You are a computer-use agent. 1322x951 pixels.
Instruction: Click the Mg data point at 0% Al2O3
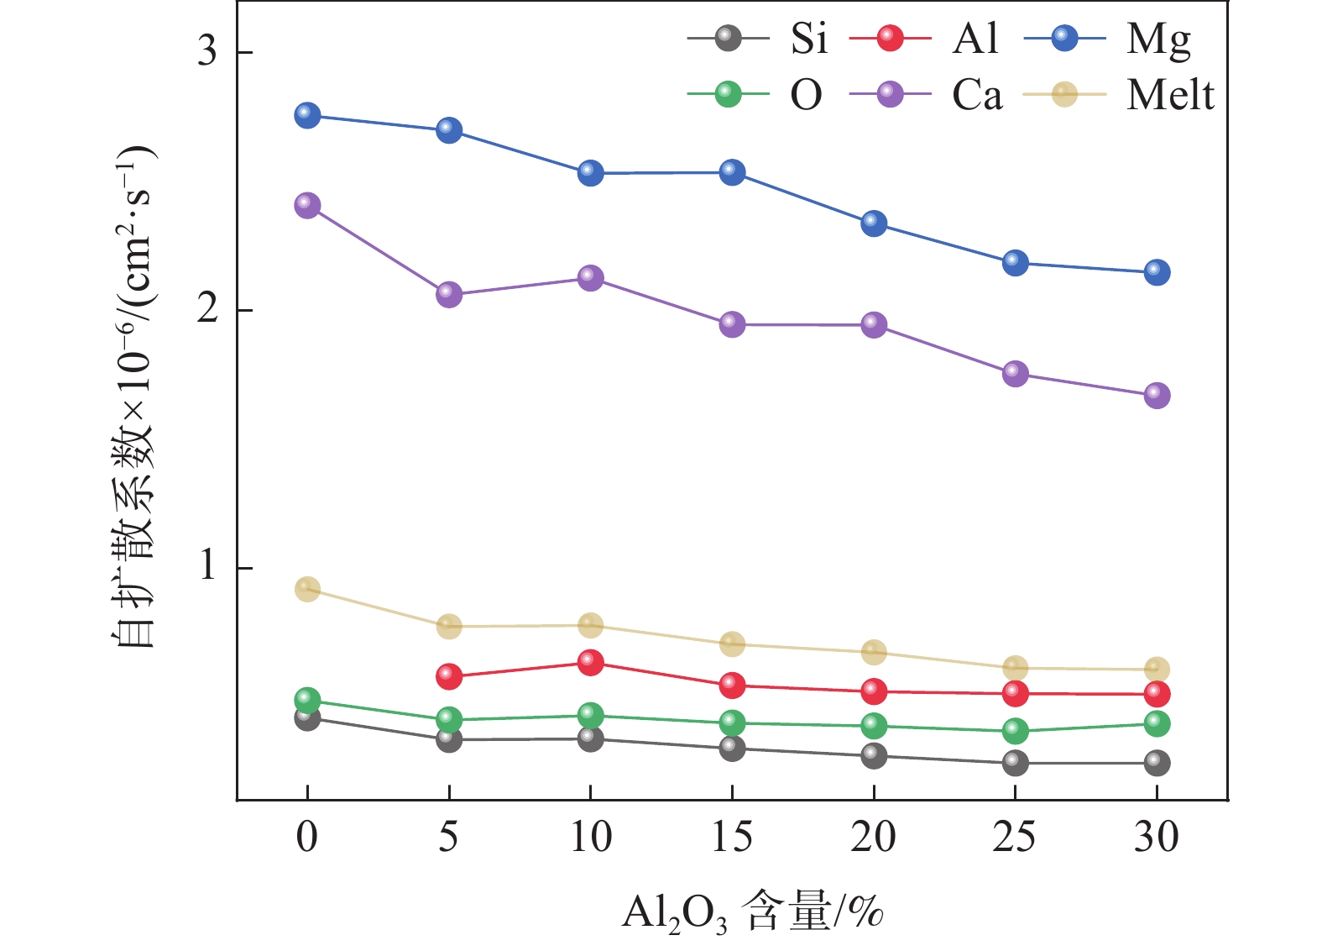tap(307, 115)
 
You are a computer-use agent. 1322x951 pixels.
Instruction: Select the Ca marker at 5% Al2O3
tap(449, 295)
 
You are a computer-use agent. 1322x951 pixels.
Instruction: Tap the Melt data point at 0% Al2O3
tap(307, 589)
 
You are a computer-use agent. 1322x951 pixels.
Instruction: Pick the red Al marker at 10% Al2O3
tap(590, 662)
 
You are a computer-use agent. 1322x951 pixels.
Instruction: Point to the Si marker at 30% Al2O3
tap(1157, 763)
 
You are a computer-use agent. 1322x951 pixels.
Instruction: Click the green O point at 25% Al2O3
tap(1015, 731)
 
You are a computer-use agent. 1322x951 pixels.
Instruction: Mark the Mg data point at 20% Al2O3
tap(874, 223)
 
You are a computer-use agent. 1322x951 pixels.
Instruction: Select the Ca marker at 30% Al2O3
tap(1157, 396)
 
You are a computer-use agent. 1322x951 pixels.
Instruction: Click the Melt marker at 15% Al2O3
tap(732, 644)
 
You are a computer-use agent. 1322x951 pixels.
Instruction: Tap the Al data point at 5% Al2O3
tap(449, 676)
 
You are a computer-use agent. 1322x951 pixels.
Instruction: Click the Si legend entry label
tap(808, 39)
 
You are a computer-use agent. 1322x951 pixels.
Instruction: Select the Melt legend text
tap(1170, 95)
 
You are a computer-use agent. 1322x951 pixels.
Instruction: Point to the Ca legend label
tap(977, 95)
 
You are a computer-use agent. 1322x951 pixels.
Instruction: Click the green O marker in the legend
tap(728, 94)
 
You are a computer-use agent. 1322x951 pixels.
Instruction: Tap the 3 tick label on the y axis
tap(206, 52)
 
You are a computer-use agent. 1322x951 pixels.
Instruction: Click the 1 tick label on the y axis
tap(206, 568)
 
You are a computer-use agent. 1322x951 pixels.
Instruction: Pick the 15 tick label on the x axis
tap(732, 838)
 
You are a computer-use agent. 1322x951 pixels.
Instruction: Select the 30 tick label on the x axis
tap(1157, 838)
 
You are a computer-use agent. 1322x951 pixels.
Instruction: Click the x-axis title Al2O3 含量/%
tap(753, 912)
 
